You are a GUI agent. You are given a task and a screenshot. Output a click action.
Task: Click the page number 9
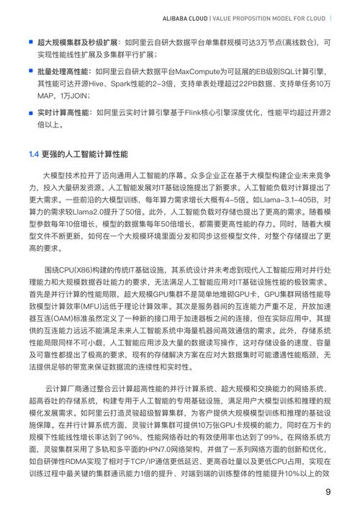pos(328,492)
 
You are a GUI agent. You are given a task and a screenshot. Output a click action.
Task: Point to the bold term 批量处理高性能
pos(64,73)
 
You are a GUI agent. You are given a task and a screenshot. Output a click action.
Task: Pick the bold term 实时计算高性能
pos(64,113)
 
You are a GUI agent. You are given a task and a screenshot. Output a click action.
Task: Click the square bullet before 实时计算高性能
pos(31,113)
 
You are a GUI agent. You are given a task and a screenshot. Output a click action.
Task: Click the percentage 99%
pos(305,430)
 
